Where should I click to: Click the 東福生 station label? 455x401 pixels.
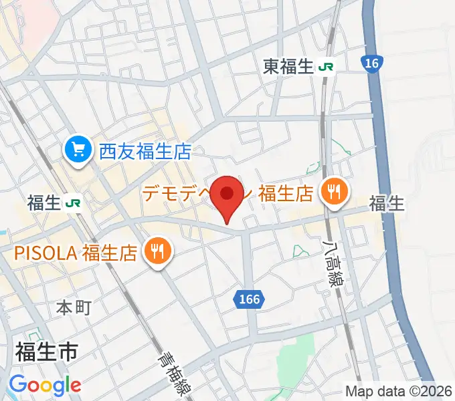[x=288, y=67]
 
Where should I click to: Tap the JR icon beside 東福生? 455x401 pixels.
[x=327, y=67]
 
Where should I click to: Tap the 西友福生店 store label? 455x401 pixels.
[x=145, y=152]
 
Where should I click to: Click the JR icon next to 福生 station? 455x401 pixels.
[x=74, y=203]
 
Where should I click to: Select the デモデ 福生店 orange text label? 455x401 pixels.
[x=227, y=194]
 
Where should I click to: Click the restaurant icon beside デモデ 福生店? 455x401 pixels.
[x=332, y=193]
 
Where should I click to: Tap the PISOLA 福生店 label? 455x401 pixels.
[x=77, y=253]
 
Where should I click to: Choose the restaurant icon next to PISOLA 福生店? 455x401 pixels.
[x=159, y=252]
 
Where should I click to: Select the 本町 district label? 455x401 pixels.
[x=73, y=307]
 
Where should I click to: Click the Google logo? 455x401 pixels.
[x=45, y=385]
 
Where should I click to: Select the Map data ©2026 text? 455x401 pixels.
[x=399, y=391]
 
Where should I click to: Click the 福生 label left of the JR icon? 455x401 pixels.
[x=45, y=203]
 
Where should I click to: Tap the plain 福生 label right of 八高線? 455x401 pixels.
[x=387, y=204]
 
